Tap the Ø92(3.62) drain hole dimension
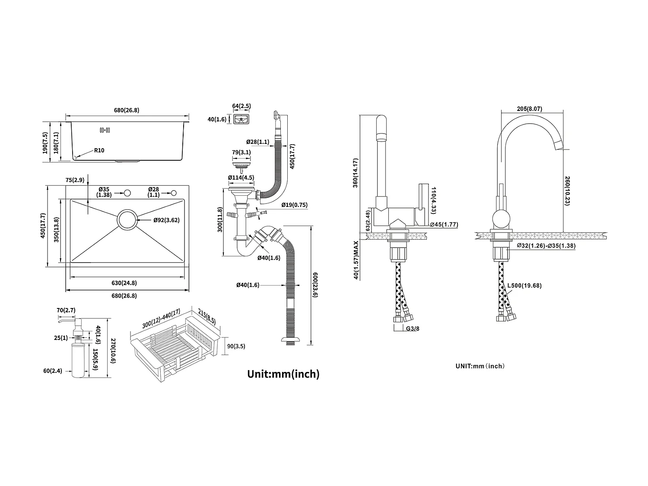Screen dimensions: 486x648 (166, 220)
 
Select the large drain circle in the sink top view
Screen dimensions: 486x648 (127, 219)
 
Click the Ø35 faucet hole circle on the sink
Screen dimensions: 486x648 (127, 192)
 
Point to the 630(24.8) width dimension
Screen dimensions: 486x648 (124, 283)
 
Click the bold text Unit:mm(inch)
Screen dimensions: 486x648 (283, 374)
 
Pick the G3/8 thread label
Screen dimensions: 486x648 (413, 328)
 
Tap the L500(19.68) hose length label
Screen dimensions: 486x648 (524, 285)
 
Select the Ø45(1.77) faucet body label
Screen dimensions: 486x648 (444, 224)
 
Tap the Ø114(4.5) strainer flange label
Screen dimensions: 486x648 (241, 178)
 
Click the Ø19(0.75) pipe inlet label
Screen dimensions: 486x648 (294, 205)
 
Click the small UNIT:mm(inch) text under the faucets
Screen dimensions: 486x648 (480, 366)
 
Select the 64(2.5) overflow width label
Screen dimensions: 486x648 (241, 106)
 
